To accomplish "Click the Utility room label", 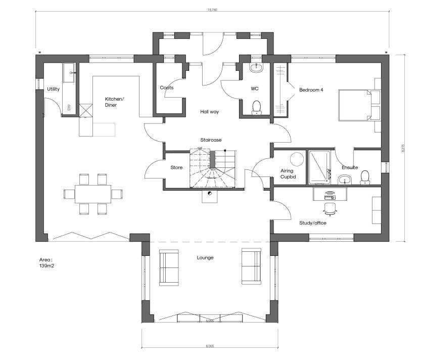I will coord(53,89).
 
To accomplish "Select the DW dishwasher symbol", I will coord(69,108).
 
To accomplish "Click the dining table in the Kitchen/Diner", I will coord(93,194).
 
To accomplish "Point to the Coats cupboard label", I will coord(166,88).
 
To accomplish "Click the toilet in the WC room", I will coord(257,107).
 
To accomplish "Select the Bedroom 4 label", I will coord(311,90).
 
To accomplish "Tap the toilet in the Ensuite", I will coord(365,176).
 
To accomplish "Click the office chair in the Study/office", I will coord(330,207).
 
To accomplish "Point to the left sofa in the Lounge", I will coord(168,266).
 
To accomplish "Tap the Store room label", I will coord(176,167).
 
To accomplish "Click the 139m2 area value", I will coord(46,265).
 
